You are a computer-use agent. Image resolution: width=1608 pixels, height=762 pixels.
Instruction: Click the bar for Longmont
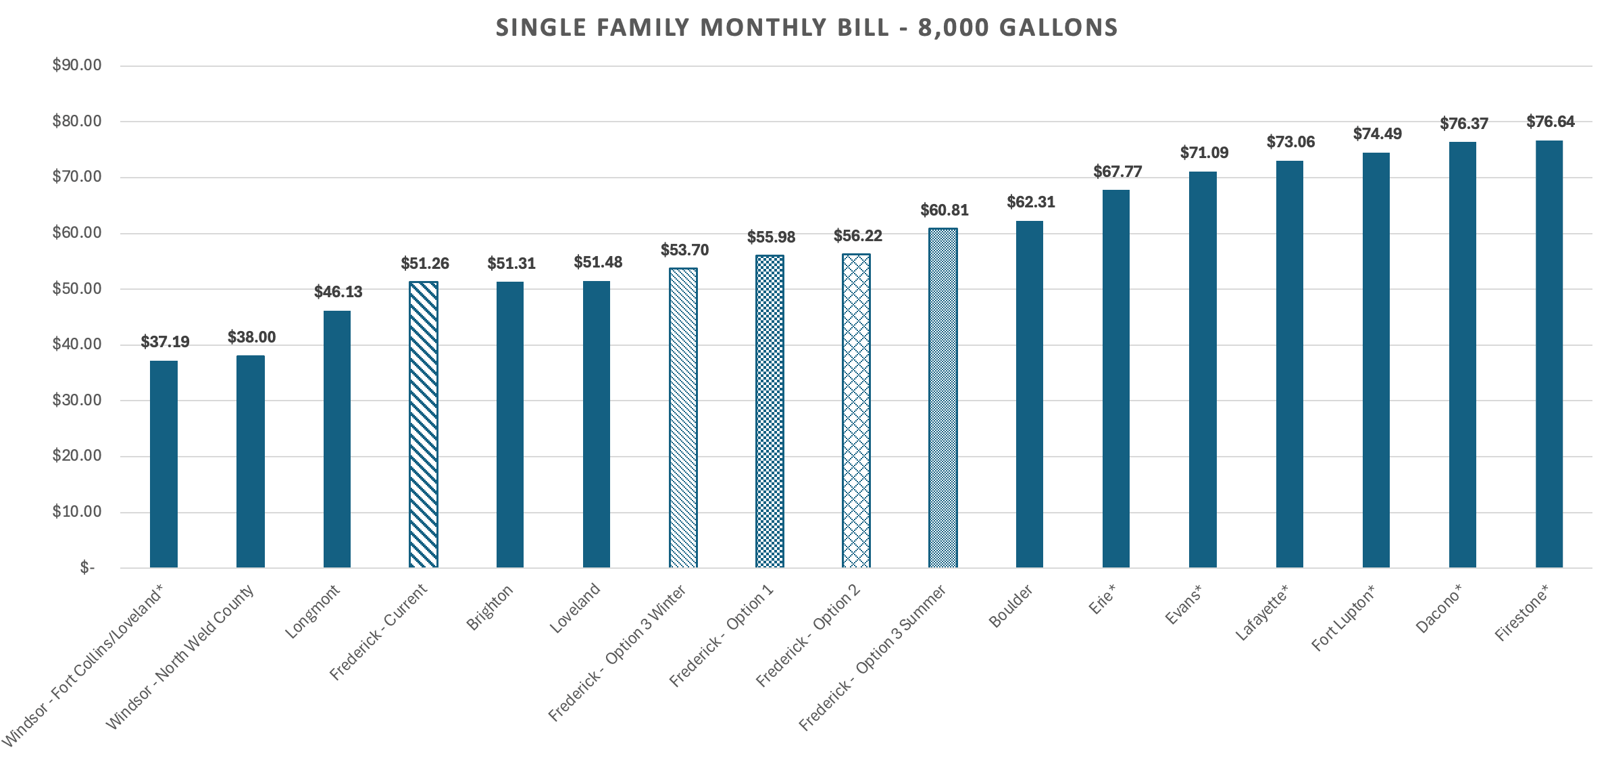tap(336, 439)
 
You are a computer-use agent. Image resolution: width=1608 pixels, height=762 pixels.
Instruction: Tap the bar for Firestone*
tap(1549, 354)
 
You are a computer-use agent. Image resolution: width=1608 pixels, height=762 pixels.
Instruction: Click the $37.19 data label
tap(165, 342)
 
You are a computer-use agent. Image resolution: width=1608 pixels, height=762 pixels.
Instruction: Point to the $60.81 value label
tap(944, 210)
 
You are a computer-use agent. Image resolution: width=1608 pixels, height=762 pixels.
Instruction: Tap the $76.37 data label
tap(1463, 124)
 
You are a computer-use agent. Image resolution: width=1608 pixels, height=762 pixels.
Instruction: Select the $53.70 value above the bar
tap(684, 250)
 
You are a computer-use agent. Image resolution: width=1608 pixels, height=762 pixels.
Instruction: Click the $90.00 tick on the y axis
tap(77, 66)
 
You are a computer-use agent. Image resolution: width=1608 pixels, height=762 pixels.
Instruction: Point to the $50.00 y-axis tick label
tap(77, 288)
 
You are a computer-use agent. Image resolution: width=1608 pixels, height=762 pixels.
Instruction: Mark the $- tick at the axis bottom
tap(87, 567)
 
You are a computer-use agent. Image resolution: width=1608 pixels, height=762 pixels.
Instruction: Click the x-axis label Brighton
tap(491, 608)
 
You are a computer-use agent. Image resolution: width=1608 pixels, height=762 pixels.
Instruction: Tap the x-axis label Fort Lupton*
tap(1343, 619)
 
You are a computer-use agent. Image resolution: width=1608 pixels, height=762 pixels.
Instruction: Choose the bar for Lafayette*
tap(1289, 364)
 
